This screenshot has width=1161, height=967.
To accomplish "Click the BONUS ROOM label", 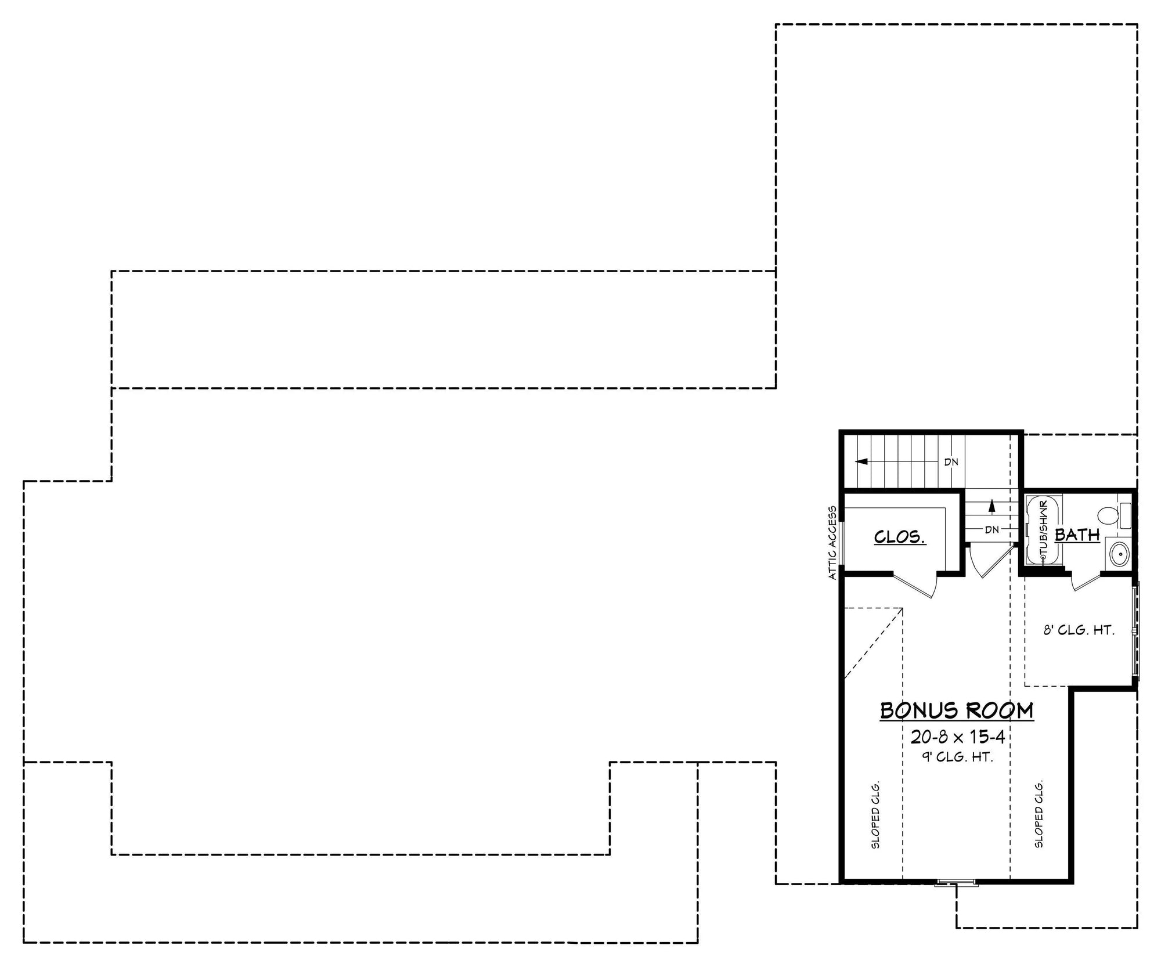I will click(x=957, y=710).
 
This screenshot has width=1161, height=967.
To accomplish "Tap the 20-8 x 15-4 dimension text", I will click(x=957, y=737).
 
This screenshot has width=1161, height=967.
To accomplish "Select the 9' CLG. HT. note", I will click(x=957, y=757).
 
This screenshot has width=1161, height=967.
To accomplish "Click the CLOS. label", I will click(x=900, y=537).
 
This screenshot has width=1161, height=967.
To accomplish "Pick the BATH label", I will click(x=1077, y=535).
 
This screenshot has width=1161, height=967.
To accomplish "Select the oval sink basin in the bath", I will click(x=1119, y=554).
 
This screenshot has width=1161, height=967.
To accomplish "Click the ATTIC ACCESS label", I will click(x=832, y=543).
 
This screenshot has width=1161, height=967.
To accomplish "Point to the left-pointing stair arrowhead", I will click(x=862, y=461).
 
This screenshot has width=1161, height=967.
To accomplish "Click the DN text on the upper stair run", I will click(x=951, y=462).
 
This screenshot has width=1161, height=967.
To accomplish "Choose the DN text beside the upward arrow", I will click(x=991, y=529).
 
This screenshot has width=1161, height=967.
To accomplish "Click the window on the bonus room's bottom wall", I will click(x=956, y=884).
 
